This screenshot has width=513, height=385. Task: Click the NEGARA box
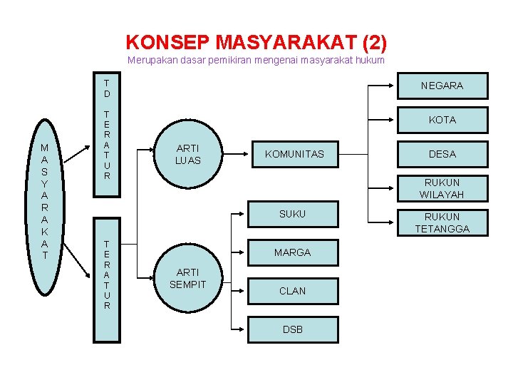[x=442, y=86]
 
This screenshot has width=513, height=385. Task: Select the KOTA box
[x=442, y=120]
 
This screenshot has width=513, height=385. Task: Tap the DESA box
[x=442, y=154]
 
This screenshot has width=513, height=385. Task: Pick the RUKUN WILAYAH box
[x=442, y=188]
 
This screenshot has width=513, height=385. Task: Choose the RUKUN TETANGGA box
[x=442, y=222]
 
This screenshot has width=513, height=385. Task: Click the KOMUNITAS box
[x=294, y=154]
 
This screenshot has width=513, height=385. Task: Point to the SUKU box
[x=292, y=214]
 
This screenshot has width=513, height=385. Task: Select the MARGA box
[x=292, y=252]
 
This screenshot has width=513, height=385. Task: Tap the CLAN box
[x=292, y=291]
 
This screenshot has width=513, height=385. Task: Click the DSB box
[x=292, y=329]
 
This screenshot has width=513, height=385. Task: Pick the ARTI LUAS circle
[x=188, y=154]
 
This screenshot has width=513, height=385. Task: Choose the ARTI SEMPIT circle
[x=188, y=278]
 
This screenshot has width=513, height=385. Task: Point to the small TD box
[x=107, y=88]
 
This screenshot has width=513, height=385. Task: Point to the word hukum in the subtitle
[x=370, y=61]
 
